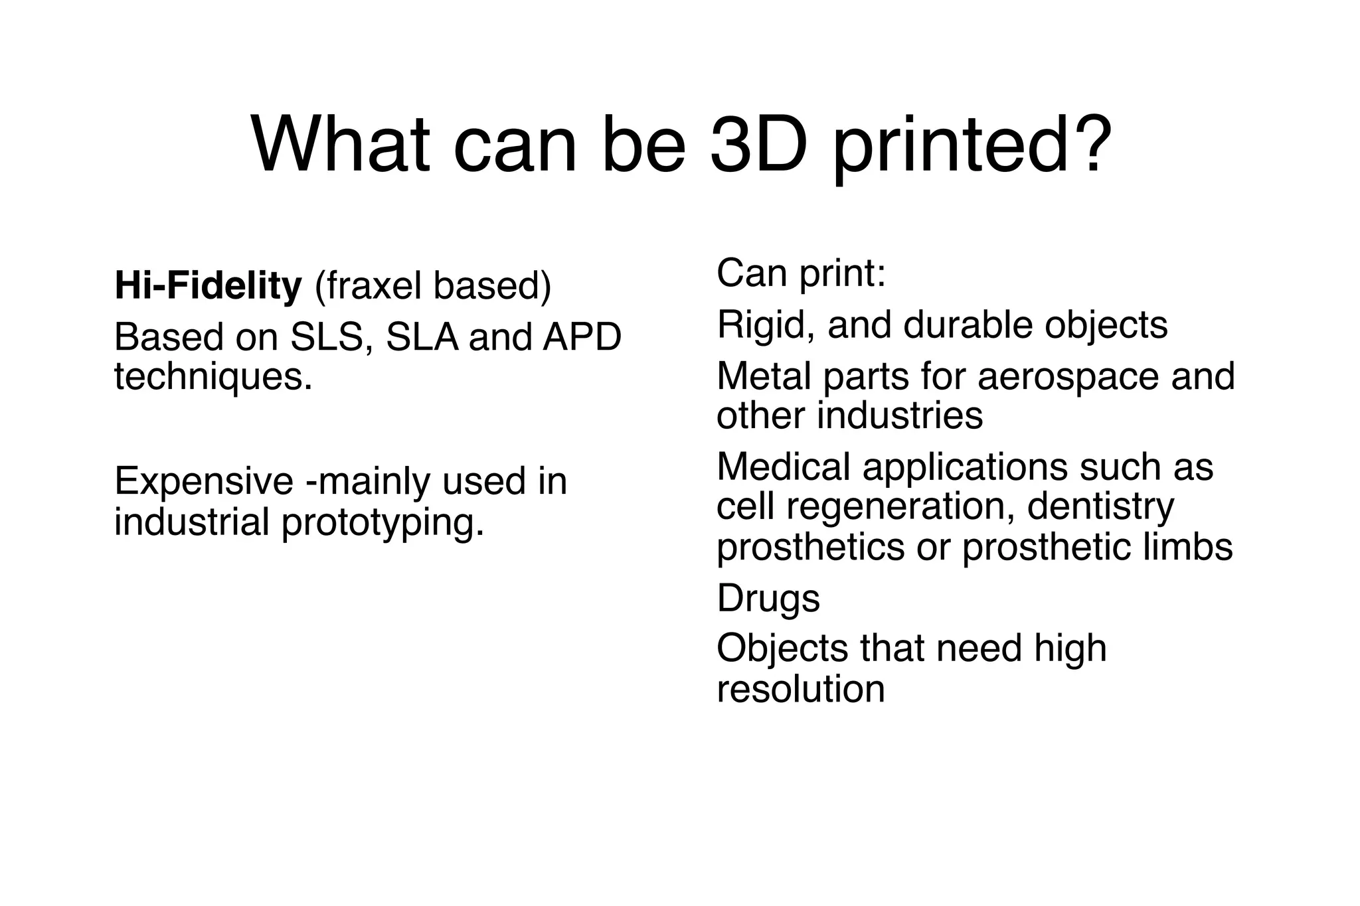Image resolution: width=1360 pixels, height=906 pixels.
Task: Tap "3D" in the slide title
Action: pos(759,145)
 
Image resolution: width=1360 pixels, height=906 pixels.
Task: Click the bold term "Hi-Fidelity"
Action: pos(208,286)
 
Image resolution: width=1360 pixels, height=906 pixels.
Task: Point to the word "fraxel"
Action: pos(370,286)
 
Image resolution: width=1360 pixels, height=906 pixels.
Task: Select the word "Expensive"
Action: pos(203,481)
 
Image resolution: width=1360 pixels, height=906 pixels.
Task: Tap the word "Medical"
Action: pos(783,467)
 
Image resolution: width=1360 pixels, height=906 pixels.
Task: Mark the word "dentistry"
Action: pos(1100,507)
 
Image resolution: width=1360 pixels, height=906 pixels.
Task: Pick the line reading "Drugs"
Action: pos(768,598)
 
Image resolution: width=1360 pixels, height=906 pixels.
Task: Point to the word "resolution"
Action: pos(801,689)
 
